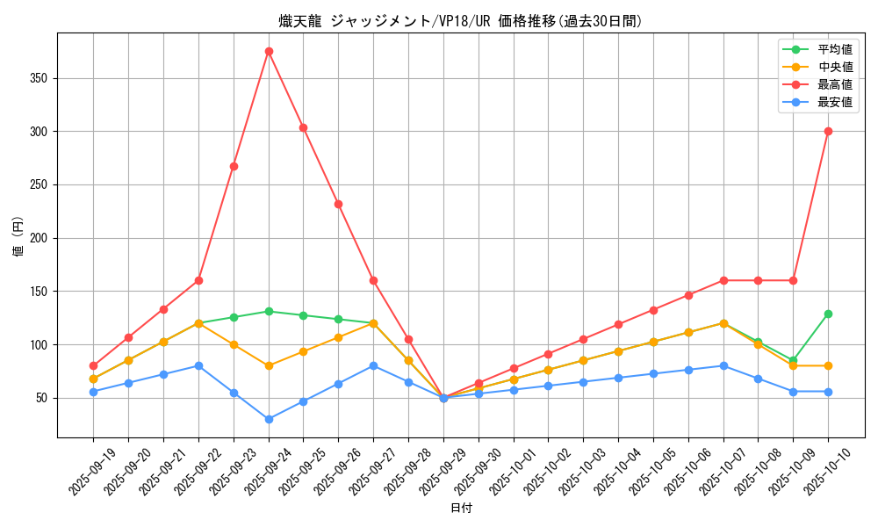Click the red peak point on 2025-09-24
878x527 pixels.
pos(269,51)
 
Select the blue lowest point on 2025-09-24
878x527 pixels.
pos(269,419)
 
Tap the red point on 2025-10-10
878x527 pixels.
pos(828,131)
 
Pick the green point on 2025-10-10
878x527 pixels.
pos(828,314)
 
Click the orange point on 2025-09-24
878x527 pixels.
pos(269,365)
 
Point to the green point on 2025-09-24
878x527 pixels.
pos(269,311)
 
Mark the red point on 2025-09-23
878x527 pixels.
pos(234,166)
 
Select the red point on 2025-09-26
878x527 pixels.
pos(338,204)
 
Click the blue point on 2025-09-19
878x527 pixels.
pos(93,392)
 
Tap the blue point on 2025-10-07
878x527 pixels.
pos(723,365)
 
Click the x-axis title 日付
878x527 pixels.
pos(461,509)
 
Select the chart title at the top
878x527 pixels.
pos(461,21)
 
